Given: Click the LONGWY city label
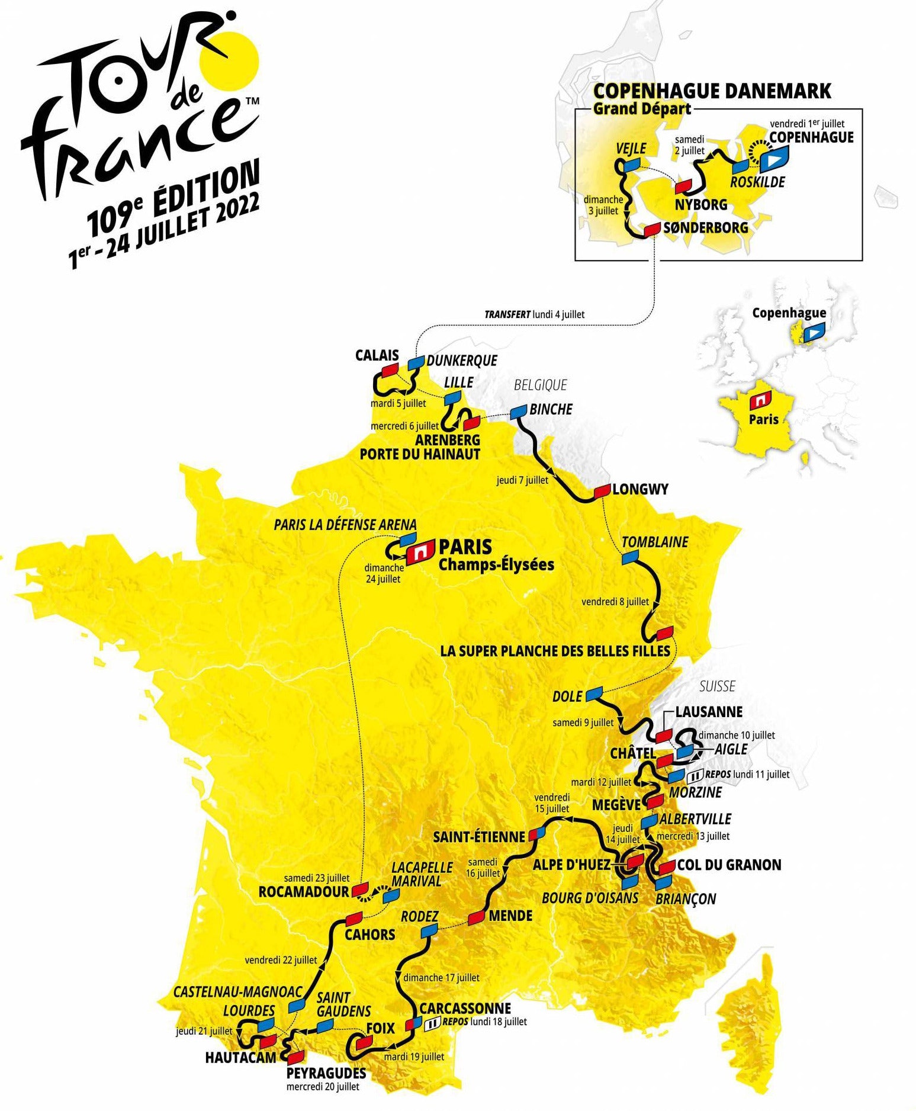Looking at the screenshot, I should [640, 489].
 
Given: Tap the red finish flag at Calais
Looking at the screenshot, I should [389, 371].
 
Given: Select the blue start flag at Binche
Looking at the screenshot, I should [519, 410].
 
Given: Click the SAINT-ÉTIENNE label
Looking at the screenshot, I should [478, 837].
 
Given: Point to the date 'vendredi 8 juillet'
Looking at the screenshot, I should [615, 602].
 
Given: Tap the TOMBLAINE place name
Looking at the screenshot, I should [655, 542].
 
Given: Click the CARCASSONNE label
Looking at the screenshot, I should [465, 1008].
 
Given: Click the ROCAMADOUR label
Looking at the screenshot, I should [304, 892].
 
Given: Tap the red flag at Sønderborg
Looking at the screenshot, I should [652, 229].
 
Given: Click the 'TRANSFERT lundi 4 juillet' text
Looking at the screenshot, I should [534, 314].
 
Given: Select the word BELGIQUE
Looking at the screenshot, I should [540, 385].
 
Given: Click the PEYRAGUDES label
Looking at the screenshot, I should [326, 1073].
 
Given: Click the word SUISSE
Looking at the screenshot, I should [717, 686].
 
